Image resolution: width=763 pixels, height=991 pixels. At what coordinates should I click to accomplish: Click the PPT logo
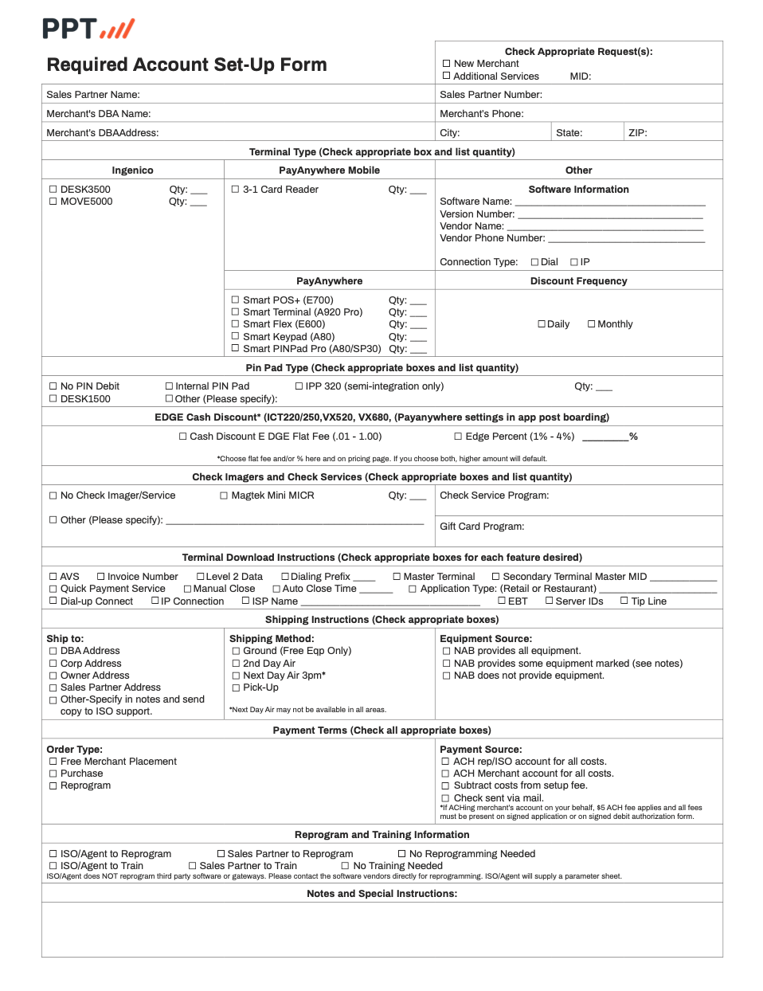pyautogui.click(x=88, y=29)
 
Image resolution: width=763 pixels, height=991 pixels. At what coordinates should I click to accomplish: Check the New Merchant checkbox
pyautogui.click(x=447, y=64)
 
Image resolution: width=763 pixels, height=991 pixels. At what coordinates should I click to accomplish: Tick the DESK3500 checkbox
pyautogui.click(x=53, y=190)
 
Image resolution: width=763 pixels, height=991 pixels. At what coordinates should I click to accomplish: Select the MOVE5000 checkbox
pyautogui.click(x=53, y=202)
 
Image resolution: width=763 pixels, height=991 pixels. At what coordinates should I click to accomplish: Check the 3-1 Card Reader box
pyautogui.click(x=236, y=190)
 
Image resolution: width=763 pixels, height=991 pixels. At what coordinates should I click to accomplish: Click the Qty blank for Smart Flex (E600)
pyautogui.click(x=418, y=325)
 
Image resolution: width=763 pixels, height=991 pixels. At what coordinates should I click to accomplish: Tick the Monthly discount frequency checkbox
pyautogui.click(x=592, y=324)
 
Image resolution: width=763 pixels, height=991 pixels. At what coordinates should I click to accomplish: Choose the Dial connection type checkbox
pyautogui.click(x=535, y=262)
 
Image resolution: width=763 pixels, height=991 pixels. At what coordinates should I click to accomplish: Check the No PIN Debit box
pyautogui.click(x=53, y=386)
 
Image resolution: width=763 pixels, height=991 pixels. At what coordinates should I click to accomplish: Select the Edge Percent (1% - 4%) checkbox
pyautogui.click(x=458, y=437)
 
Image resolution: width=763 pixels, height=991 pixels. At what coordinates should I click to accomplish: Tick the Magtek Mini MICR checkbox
pyautogui.click(x=224, y=495)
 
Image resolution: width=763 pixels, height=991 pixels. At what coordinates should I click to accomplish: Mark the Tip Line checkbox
pyautogui.click(x=624, y=601)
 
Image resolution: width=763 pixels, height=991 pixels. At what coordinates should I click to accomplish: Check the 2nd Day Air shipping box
pyautogui.click(x=236, y=664)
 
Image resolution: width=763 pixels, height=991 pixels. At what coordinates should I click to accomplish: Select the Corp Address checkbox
pyautogui.click(x=53, y=664)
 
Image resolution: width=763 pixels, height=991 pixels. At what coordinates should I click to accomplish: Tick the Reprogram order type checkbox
pyautogui.click(x=53, y=786)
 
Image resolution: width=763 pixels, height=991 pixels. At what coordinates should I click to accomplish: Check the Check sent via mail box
pyautogui.click(x=446, y=798)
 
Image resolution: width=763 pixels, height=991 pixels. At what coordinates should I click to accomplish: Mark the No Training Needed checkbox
pyautogui.click(x=346, y=866)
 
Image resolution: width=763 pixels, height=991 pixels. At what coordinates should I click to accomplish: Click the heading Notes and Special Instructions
pyautogui.click(x=382, y=894)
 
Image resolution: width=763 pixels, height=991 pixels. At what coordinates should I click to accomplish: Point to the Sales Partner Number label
pyautogui.click(x=491, y=95)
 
